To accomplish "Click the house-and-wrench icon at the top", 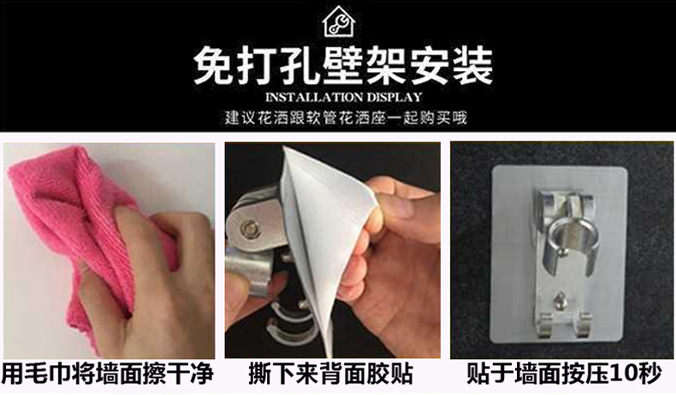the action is click(x=339, y=21).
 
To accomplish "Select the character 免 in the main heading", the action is click(x=213, y=67).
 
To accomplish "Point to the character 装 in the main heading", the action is click(x=471, y=67).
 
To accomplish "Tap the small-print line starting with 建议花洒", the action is click(x=346, y=117).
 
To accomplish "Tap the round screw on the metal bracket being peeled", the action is click(x=248, y=229).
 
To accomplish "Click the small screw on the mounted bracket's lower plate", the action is click(x=560, y=299).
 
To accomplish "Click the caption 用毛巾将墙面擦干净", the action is click(x=108, y=374).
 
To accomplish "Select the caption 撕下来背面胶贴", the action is click(x=331, y=374).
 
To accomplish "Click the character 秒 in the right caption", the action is click(x=649, y=374).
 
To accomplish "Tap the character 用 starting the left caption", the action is click(x=13, y=374).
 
